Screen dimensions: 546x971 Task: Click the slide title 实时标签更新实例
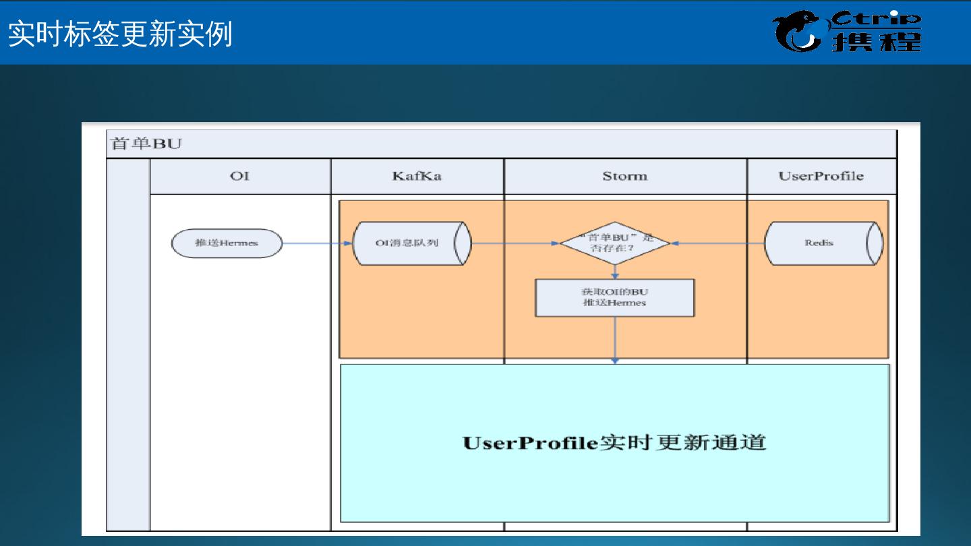[120, 34]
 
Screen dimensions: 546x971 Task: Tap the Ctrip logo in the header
[846, 31]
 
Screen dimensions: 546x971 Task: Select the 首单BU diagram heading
[146, 144]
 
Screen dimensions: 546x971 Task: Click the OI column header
[239, 176]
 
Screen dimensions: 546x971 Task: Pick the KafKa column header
[417, 176]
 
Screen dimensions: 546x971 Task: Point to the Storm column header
[624, 176]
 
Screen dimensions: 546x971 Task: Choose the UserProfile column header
[821, 176]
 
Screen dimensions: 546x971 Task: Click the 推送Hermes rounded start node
[227, 243]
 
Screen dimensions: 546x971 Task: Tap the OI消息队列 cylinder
[411, 243]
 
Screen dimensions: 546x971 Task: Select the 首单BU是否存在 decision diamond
[615, 243]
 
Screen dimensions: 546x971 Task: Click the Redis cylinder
[823, 243]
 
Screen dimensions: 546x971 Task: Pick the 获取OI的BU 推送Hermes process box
[614, 297]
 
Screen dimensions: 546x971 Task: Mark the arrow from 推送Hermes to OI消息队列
[317, 243]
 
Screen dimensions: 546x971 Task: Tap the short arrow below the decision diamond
[615, 271]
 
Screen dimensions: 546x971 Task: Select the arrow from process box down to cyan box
[615, 340]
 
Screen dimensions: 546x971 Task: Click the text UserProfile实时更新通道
[614, 443]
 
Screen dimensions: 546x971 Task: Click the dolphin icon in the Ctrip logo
[799, 32]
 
